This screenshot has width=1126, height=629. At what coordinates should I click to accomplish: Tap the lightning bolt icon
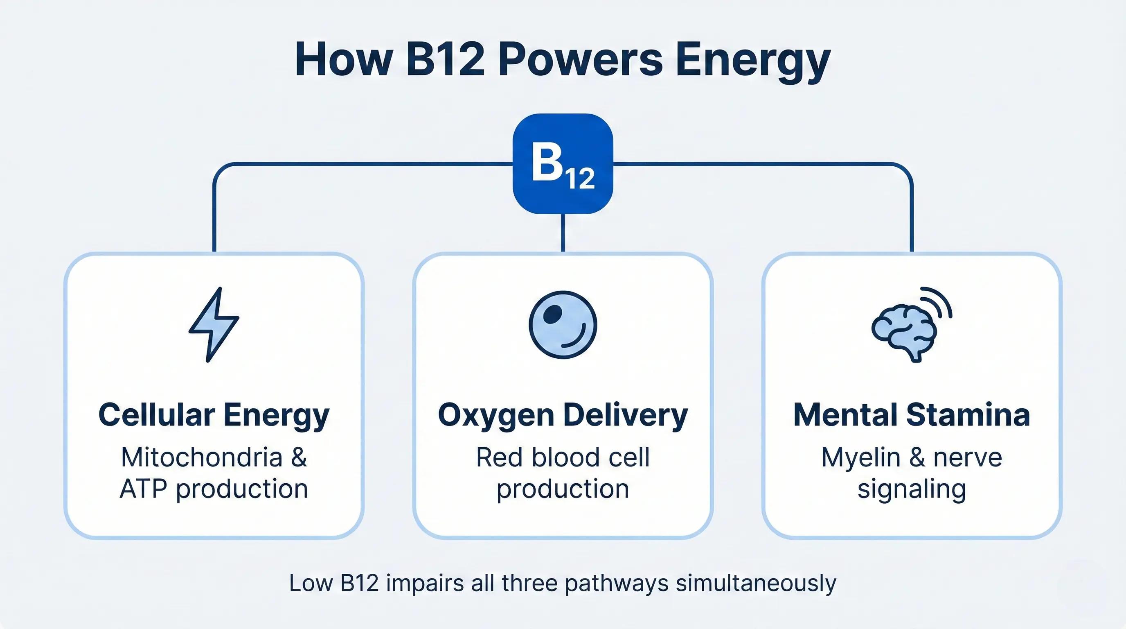[214, 324]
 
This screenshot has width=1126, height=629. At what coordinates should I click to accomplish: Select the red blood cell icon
[563, 325]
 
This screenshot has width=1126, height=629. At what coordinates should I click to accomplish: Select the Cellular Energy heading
[214, 415]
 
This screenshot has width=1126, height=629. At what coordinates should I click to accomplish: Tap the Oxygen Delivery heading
[563, 415]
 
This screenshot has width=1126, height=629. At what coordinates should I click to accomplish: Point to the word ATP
[143, 489]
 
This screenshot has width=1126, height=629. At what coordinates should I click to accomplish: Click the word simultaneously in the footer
[756, 583]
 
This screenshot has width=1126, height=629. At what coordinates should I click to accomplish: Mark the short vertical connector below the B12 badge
[563, 233]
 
